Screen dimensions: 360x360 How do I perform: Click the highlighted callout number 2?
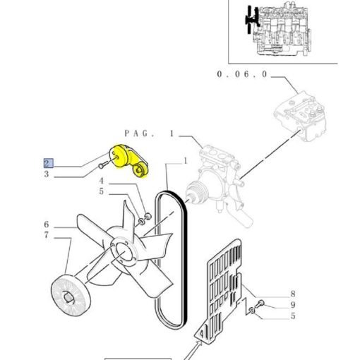pyautogui.click(x=49, y=163)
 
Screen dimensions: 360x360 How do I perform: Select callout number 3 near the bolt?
pyautogui.click(x=47, y=174)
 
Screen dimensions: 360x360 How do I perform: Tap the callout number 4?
pyautogui.click(x=102, y=181)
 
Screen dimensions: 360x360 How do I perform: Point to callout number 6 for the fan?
pyautogui.click(x=47, y=224)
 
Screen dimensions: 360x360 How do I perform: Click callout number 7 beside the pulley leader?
pyautogui.click(x=47, y=235)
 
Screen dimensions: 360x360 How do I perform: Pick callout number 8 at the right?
pyautogui.click(x=293, y=294)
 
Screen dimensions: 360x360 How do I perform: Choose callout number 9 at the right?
pyautogui.click(x=293, y=305)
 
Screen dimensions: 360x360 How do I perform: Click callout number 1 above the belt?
pyautogui.click(x=186, y=161)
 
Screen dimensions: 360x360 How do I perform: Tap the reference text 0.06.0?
pyautogui.click(x=242, y=74)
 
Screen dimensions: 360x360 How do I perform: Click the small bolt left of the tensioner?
pyautogui.click(x=103, y=164)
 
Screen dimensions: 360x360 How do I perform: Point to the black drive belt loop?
pyautogui.click(x=171, y=260)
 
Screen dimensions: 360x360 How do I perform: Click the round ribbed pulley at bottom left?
pyautogui.click(x=71, y=295)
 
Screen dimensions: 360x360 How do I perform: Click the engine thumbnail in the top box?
pyautogui.click(x=278, y=29)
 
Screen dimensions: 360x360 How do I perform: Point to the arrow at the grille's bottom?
pyautogui.click(x=193, y=351)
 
